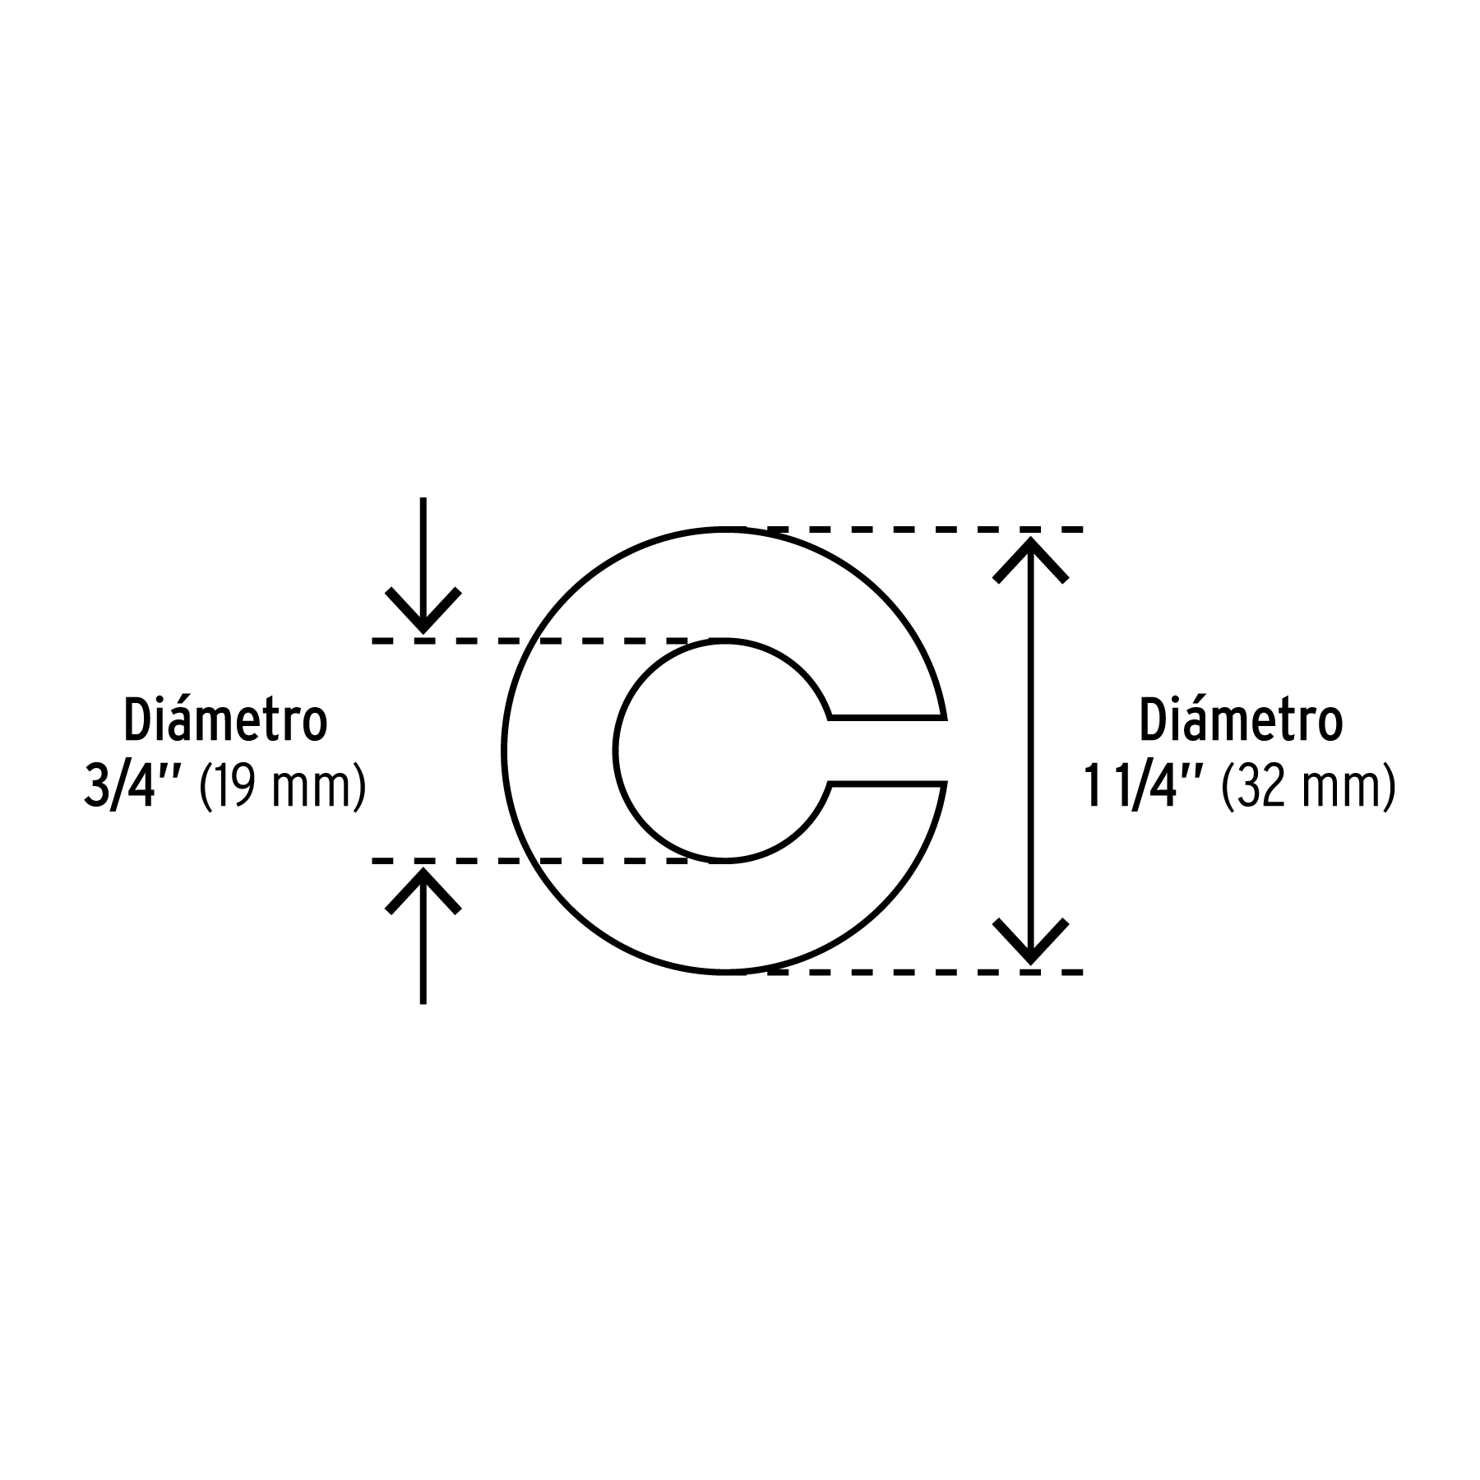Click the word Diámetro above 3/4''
click(226, 719)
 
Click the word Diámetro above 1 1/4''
click(1241, 719)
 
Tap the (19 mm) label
click(283, 789)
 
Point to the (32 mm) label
click(1310, 789)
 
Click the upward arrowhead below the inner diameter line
click(423, 890)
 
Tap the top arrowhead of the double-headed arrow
click(1030, 560)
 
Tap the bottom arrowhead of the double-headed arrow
click(1030, 941)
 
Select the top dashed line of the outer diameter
click(924, 529)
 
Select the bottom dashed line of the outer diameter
click(924, 973)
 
